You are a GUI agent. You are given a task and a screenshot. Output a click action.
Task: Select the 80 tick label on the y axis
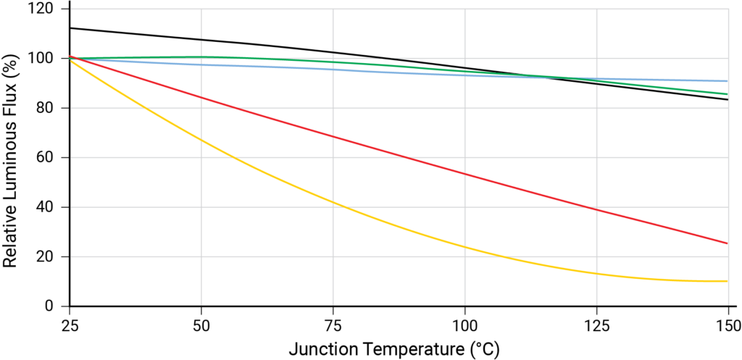coord(48,108)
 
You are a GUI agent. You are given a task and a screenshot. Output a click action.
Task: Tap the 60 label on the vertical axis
coord(48,157)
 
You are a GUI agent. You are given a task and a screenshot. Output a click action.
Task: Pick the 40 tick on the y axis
coord(48,207)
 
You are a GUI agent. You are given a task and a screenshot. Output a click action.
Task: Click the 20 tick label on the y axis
coord(48,256)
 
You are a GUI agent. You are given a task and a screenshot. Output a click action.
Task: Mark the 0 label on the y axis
coord(52,306)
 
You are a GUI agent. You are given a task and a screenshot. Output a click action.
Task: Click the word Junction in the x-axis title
coord(320,348)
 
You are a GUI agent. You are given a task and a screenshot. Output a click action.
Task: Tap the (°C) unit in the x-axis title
coord(482,348)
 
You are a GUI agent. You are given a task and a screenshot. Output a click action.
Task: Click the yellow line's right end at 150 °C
coord(727,281)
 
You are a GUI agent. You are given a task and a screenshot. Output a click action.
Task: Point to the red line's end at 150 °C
coord(727,243)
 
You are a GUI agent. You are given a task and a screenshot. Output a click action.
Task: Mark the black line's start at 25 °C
coord(70,28)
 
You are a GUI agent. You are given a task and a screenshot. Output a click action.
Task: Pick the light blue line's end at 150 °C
coord(727,81)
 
